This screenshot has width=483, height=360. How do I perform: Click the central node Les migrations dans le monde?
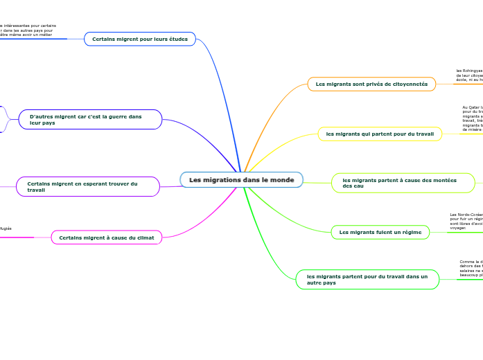tap(241, 180)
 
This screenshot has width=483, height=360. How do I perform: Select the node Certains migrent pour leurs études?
tap(140, 39)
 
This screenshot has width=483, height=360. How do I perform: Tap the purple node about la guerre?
tap(90, 120)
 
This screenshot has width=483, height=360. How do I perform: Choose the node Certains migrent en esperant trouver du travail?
tap(87, 186)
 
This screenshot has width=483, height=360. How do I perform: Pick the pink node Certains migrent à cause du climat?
tap(107, 237)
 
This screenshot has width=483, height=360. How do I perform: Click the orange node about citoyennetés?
tap(371, 84)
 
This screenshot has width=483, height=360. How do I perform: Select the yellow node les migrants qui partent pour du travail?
tap(380, 134)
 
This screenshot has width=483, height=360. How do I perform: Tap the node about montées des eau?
tap(403, 183)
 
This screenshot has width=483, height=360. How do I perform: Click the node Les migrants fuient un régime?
tap(380, 232)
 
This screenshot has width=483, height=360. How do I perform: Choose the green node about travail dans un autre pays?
tap(367, 279)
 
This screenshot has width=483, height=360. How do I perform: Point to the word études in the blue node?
tap(175, 39)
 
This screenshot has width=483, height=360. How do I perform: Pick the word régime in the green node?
tap(409, 232)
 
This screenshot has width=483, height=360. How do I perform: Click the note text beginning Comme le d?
tap(471, 269)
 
